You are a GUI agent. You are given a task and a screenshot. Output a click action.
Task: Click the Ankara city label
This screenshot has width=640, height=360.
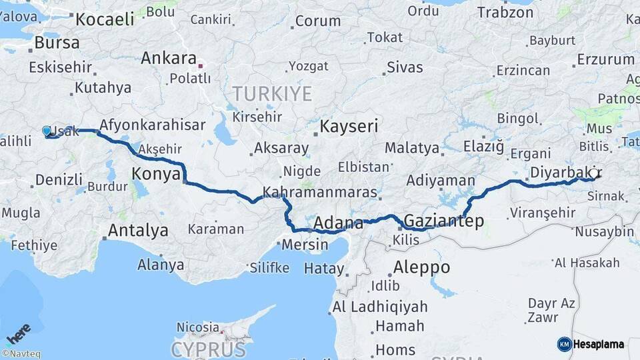(x=168, y=58)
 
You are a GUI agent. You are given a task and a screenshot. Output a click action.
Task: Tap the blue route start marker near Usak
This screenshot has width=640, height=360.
(x=47, y=131)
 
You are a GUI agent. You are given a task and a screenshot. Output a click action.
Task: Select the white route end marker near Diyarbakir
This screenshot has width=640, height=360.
(x=593, y=173)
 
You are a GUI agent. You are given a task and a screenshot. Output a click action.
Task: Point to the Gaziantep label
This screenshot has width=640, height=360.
(x=444, y=221)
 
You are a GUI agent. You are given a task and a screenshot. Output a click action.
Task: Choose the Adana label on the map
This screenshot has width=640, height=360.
(x=337, y=223)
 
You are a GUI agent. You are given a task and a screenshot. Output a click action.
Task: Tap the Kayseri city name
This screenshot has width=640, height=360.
(x=349, y=126)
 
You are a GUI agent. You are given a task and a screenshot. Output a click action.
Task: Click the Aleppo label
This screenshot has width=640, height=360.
(x=421, y=267)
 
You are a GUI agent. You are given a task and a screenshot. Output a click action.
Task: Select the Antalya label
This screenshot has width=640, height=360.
(x=138, y=231)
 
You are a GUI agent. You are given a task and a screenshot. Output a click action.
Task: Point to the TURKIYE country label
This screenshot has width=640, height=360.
(x=271, y=93)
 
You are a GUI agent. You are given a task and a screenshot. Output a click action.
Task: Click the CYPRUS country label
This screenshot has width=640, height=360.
(x=209, y=349)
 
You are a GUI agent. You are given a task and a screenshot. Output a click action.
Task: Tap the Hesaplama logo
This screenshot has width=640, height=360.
(x=591, y=344)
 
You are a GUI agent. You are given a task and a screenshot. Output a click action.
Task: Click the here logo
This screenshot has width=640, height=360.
(x=19, y=333)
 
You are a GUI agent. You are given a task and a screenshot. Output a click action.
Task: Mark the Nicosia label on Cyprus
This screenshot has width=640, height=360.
(x=197, y=327)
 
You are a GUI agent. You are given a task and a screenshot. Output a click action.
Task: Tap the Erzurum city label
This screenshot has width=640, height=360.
(x=605, y=59)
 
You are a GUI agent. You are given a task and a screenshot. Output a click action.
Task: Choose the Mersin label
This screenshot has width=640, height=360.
(x=305, y=244)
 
